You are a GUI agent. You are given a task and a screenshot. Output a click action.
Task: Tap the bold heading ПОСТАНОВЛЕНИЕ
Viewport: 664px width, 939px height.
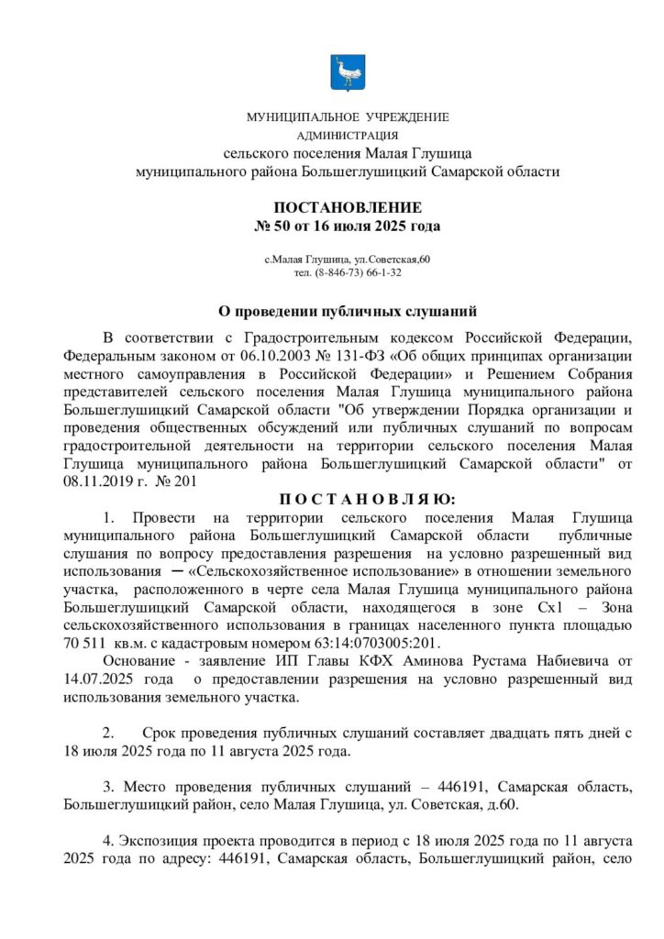[347, 207]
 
